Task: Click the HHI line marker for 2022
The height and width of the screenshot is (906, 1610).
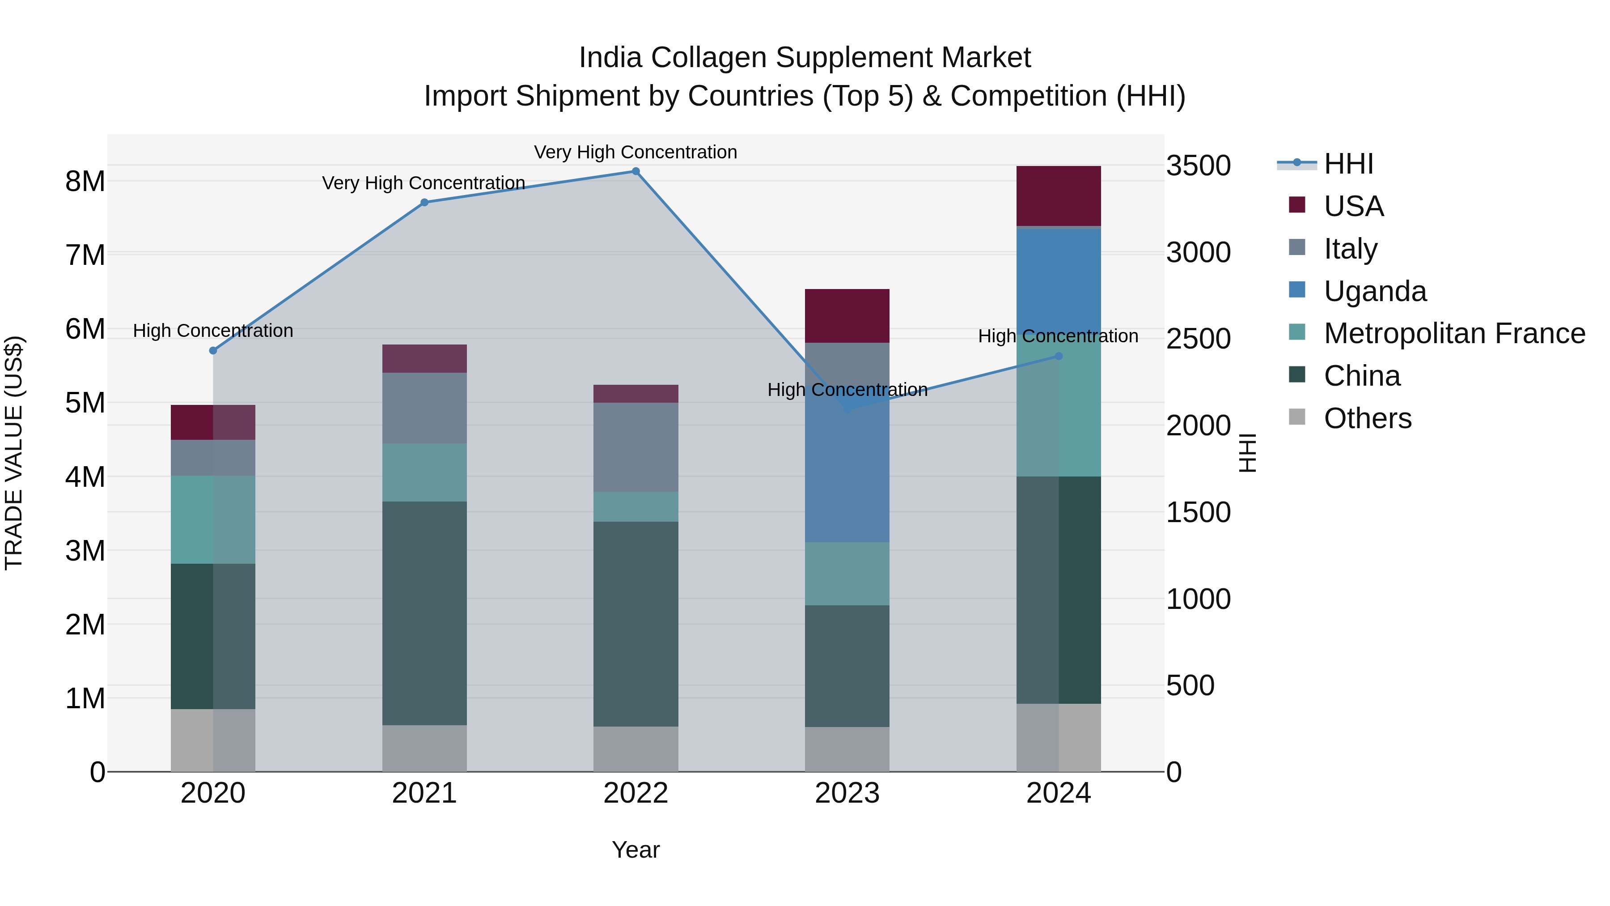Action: (636, 171)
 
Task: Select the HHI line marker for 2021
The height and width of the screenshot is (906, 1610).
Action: (424, 202)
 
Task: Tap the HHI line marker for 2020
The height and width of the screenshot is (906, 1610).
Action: (213, 351)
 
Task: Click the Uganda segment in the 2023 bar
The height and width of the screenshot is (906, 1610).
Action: (847, 475)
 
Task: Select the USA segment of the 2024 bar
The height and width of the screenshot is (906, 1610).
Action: (1059, 196)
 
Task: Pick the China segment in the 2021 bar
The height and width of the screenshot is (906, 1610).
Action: (424, 613)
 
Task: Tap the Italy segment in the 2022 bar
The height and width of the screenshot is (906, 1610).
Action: (636, 447)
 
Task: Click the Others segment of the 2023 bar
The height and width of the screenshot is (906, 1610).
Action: (847, 749)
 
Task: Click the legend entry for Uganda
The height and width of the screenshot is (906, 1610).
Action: (1375, 291)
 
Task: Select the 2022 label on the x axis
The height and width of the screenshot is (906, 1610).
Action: (636, 793)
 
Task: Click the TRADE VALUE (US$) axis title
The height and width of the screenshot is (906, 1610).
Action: (14, 453)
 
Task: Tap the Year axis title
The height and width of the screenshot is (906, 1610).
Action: (636, 850)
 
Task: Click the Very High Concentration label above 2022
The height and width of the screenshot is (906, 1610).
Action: (636, 152)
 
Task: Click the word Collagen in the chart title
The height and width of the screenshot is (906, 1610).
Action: (707, 58)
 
